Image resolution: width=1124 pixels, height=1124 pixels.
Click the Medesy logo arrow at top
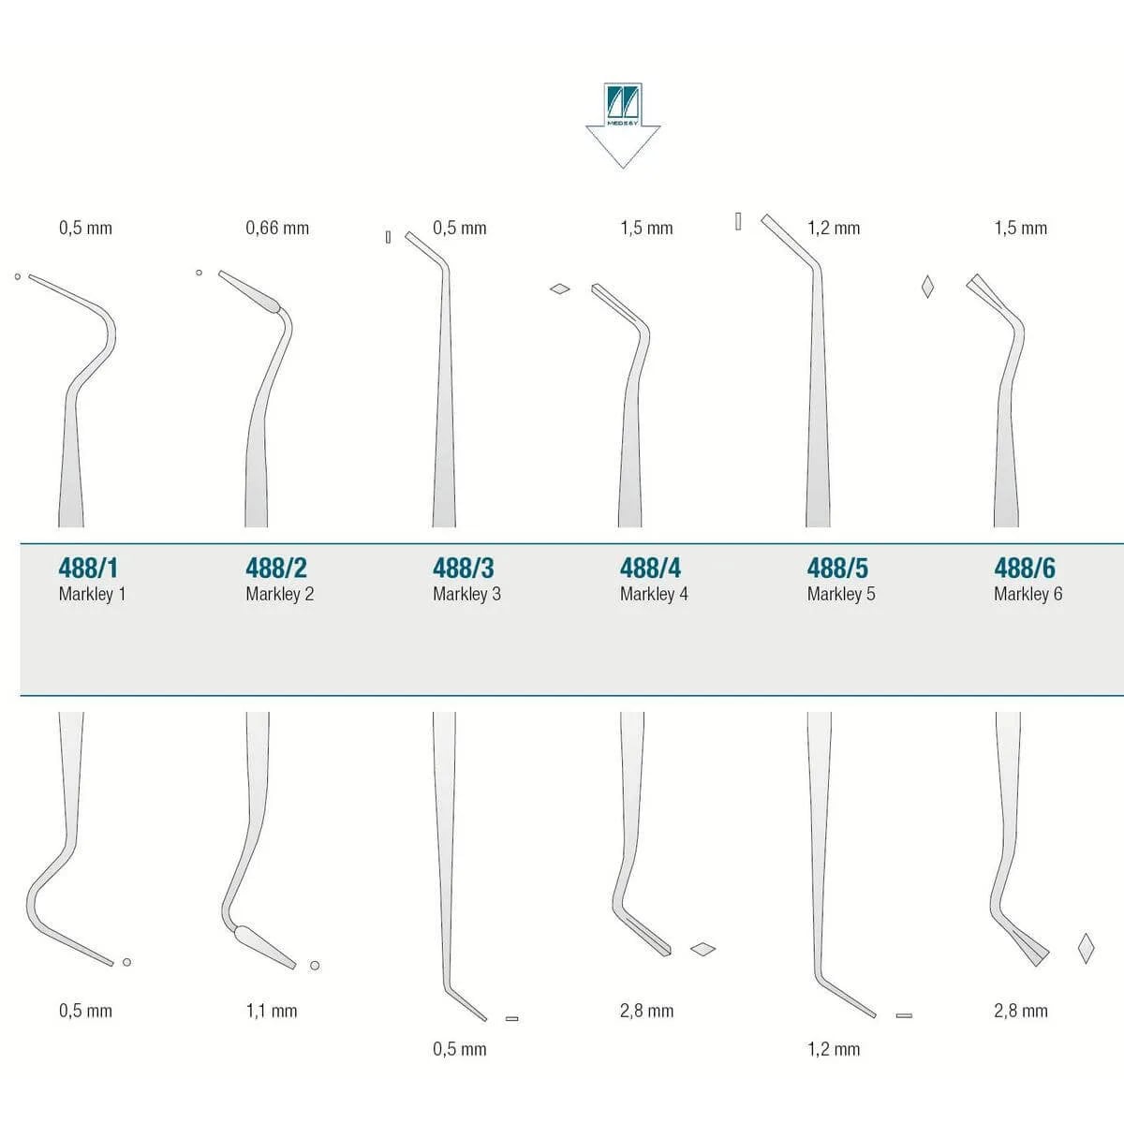pos(623,126)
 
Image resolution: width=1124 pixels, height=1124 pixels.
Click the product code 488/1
pos(88,568)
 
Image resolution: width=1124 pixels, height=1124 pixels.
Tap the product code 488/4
pos(650,568)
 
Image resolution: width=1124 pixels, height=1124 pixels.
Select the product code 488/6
pos(1025,568)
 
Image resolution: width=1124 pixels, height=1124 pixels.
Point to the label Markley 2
pos(279,594)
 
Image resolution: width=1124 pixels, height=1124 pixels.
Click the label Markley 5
pos(841,594)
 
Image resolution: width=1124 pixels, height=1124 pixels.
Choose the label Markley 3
pos(466,594)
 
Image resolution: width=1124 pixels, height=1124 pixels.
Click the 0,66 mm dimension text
pos(277,228)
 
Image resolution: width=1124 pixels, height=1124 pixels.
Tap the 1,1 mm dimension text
pos(272,1011)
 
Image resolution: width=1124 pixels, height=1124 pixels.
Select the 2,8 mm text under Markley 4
pos(647,1011)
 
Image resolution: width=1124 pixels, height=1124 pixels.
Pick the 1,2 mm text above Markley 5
pos(834,228)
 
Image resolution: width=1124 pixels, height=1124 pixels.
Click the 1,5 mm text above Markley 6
pos(1021,228)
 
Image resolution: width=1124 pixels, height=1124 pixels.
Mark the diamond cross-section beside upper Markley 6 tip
pos(927,287)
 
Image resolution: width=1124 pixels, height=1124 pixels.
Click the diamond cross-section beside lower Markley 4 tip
pos(702,949)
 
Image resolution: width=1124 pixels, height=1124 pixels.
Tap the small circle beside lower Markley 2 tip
pos(315,966)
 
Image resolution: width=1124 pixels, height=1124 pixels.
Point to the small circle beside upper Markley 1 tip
pos(18,276)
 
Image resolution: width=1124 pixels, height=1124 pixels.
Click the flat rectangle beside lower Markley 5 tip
pos(904,1015)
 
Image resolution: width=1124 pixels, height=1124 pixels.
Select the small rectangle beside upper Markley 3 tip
pos(388,237)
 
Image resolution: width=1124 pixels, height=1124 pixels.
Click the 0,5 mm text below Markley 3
pos(460,1049)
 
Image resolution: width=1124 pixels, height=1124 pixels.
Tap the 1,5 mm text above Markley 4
pos(647,228)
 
